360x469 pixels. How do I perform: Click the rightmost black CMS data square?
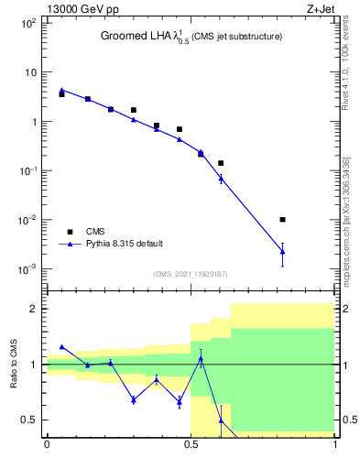tap(282, 220)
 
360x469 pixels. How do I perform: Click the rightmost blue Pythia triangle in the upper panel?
tap(282, 251)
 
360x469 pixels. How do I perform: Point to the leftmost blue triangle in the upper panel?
tap(61, 90)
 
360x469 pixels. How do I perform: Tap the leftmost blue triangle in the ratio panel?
tap(61, 347)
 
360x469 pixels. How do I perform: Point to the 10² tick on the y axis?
tap(27, 22)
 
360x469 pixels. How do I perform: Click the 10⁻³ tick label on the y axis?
tap(27, 269)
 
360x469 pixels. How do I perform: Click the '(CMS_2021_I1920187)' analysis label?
tap(191, 273)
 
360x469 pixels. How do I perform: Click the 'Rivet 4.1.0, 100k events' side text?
tap(345, 60)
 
